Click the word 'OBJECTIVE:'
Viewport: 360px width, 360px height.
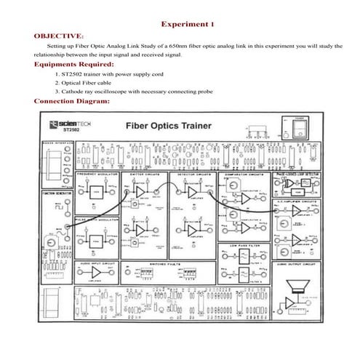pyautogui.click(x=59, y=34)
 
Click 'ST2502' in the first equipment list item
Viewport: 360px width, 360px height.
pyautogui.click(x=74, y=73)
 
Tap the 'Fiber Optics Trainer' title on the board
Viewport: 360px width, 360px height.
pyautogui.click(x=169, y=125)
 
